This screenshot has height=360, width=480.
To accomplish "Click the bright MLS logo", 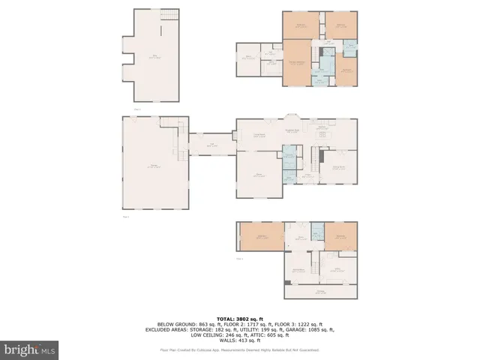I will click(30, 349).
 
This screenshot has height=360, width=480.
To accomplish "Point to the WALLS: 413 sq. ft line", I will click(239, 340).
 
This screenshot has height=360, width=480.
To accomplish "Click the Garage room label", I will click(153, 166).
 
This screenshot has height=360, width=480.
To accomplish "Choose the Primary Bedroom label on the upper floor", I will click(297, 61).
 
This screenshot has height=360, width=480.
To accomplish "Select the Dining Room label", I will click(339, 168).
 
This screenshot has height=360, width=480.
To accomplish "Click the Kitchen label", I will click(322, 127).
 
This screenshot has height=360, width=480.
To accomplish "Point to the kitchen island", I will click(322, 138).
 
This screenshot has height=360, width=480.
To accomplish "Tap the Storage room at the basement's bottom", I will click(320, 292).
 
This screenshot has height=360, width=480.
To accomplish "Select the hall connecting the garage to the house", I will click(211, 145).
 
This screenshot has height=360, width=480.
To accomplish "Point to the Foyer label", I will click(307, 174).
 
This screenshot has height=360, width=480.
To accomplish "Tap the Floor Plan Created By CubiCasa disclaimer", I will click(239, 350).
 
